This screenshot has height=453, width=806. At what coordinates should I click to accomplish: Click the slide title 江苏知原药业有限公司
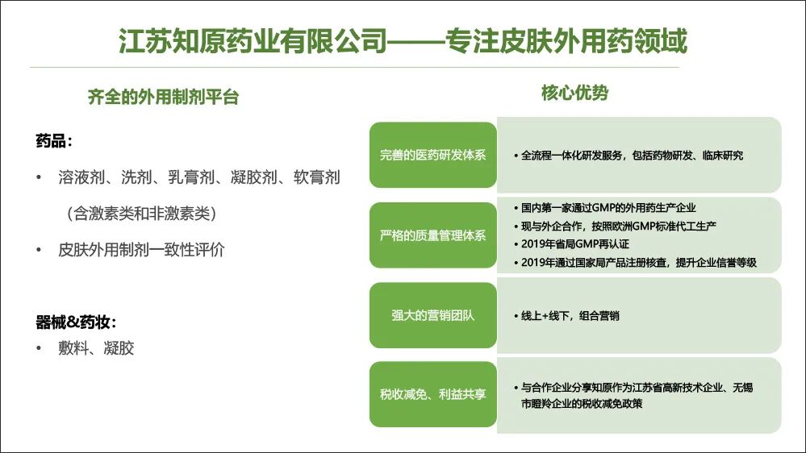coord(253,40)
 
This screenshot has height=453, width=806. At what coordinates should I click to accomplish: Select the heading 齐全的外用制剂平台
coord(164,97)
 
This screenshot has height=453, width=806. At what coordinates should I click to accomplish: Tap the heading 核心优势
coord(574,93)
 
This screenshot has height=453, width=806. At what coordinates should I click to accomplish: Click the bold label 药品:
coord(54,141)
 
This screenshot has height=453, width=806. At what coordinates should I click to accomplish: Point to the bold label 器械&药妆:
coord(76,322)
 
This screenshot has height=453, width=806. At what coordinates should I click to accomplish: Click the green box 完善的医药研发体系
coord(432,155)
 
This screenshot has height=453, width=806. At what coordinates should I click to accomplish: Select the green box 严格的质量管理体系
coord(432,235)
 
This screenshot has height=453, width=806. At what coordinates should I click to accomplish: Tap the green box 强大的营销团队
coord(432,315)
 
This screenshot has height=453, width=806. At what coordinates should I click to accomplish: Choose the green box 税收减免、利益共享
coord(432,394)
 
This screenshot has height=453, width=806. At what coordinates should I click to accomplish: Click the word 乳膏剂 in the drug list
coord(191,177)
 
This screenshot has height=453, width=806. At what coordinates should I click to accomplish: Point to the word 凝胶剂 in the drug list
coord(254,177)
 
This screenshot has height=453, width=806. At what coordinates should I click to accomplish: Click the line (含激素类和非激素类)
coord(141,213)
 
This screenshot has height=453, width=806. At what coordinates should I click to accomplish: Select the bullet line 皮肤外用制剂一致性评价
coord(141,250)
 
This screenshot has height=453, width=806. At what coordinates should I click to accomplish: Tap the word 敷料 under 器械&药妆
coord(73,348)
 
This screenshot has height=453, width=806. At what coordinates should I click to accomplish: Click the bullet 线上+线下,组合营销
coord(566,315)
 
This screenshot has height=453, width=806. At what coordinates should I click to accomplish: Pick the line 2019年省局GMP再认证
coord(571,244)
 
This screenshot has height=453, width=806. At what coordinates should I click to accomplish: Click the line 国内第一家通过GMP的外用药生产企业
coord(604,207)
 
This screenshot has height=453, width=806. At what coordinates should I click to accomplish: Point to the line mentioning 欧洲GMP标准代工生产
coord(615,226)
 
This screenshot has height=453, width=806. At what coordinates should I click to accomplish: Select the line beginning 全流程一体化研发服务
coord(629,155)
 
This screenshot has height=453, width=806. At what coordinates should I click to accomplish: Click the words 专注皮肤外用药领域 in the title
coord(566,40)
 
